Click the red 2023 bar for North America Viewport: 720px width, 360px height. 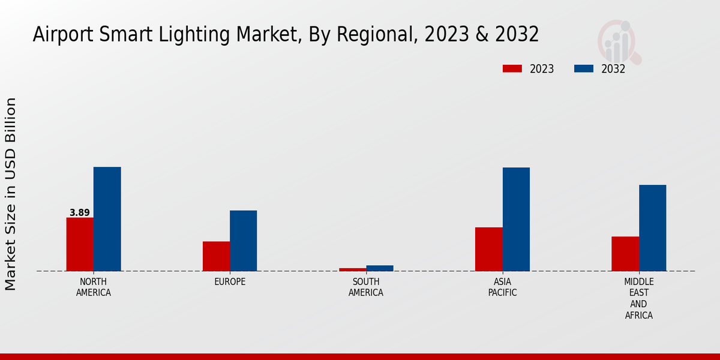click(80, 244)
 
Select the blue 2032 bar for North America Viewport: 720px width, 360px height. click(107, 219)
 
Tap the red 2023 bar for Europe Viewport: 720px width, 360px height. click(216, 256)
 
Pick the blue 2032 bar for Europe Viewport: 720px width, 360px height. click(243, 241)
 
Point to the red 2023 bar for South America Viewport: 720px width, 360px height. click(352, 269)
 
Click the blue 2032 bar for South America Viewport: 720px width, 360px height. click(380, 268)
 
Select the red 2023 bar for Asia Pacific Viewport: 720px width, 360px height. click(488, 249)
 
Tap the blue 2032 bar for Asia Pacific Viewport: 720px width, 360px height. click(516, 219)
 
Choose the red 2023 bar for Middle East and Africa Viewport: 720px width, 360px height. click(625, 254)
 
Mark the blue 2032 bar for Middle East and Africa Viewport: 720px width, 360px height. click(652, 228)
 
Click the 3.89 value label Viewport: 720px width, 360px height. click(80, 213)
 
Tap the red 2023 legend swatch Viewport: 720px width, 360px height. click(512, 69)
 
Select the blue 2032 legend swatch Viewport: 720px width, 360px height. click(584, 69)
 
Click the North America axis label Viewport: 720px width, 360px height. click(94, 287)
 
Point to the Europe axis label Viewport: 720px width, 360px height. click(230, 282)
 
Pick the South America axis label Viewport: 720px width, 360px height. click(366, 287)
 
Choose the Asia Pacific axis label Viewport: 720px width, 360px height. click(502, 287)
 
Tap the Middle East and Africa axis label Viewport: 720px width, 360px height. click(638, 298)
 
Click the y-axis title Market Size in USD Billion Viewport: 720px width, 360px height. click(11, 194)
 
